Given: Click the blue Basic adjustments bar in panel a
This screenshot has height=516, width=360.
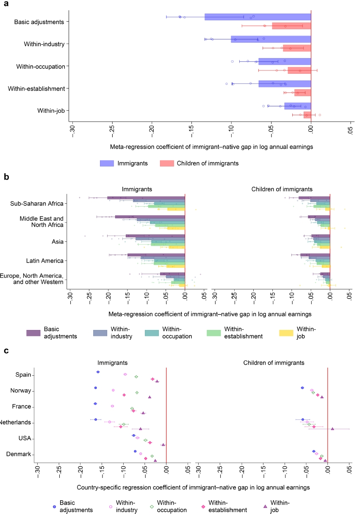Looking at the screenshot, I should [x=258, y=17].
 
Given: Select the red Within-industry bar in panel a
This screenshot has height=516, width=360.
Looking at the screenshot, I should [x=297, y=48].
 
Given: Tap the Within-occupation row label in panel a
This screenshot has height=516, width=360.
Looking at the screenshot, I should [x=41, y=66].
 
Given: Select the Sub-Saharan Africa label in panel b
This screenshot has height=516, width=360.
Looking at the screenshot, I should [x=37, y=203].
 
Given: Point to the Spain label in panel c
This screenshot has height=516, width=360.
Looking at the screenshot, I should [x=24, y=375].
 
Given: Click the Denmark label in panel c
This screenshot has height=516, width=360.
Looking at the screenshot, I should [x=20, y=454].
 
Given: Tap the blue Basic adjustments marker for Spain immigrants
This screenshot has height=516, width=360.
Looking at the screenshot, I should [x=98, y=372].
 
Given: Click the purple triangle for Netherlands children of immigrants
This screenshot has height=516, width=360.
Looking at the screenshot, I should [x=332, y=429].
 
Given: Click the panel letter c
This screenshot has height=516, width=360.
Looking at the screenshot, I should [x=6, y=351].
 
